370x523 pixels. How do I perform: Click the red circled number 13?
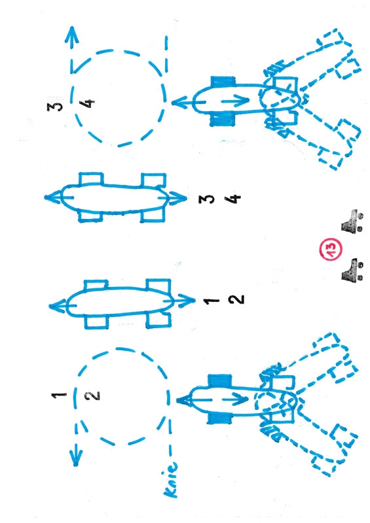pos(330,249)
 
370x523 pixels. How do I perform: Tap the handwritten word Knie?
pos(171,478)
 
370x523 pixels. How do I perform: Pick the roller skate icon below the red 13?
pos(352,269)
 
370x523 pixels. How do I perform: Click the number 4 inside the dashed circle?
pos(88,103)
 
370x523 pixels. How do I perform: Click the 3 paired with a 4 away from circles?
pos(206,199)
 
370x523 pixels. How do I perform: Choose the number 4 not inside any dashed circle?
pos(233,199)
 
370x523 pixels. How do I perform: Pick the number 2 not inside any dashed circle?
pos(236,299)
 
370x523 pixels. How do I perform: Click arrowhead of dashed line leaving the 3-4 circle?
pos(71,35)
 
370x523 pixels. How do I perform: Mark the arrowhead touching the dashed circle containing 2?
pos(185,400)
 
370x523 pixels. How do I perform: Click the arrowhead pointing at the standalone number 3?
pos(177,198)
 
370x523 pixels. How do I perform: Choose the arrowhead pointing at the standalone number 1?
pos(185,300)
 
